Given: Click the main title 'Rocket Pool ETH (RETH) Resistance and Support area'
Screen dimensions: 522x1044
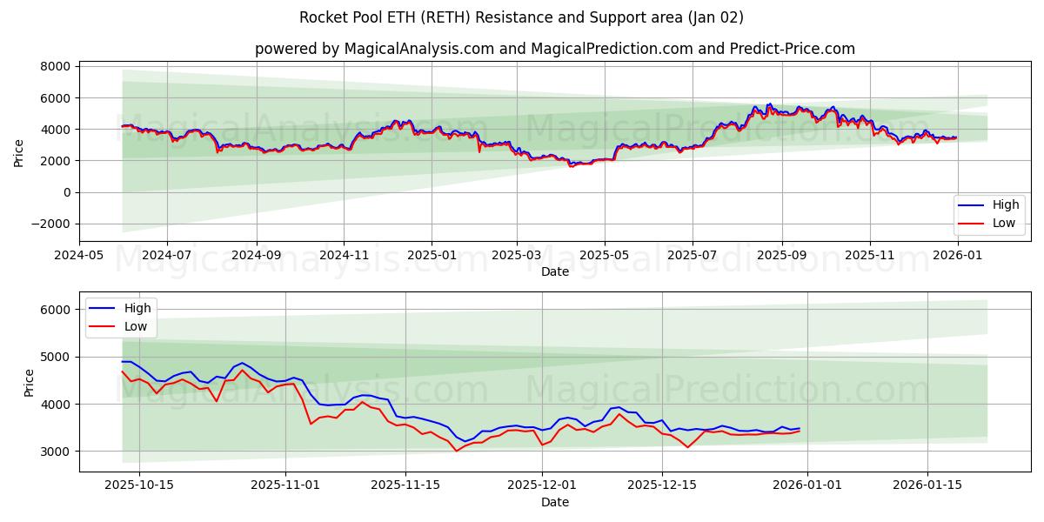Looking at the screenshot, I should pos(521,17).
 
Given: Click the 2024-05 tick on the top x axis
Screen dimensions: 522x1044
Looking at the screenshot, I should pos(79,255).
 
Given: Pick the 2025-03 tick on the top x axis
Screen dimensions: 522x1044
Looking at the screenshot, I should pos(517,255).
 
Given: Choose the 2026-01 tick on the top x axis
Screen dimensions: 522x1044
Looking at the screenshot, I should pos(957,255).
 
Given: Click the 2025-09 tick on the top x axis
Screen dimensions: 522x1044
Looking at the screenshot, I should pos(781,255).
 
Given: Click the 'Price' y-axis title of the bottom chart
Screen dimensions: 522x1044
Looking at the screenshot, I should pos(29,382).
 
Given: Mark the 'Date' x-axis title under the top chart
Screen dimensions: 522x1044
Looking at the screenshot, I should pos(554,271).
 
